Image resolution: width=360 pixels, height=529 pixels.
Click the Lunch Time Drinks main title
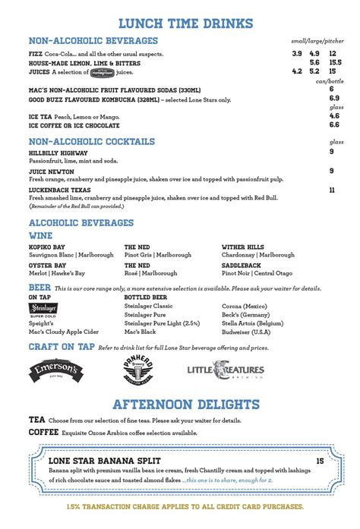180,24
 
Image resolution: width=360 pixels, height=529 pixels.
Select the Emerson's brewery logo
58,370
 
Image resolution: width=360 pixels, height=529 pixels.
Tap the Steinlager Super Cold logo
43,309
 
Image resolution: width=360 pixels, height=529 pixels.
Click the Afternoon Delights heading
186,404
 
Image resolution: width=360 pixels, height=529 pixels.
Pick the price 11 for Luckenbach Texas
332,190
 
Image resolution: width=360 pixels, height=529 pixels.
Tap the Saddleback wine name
242,266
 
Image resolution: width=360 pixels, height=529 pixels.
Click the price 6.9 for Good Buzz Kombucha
334,99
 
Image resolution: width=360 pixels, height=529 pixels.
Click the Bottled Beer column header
146,298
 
